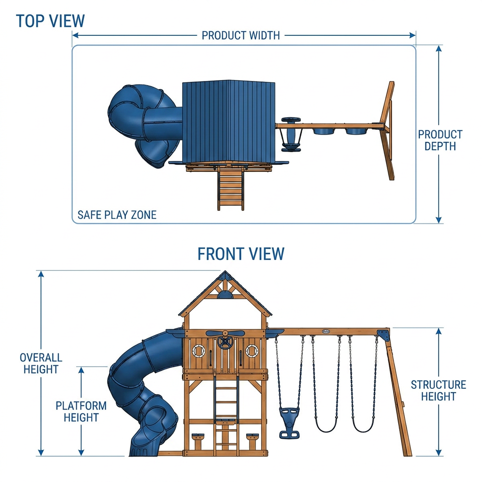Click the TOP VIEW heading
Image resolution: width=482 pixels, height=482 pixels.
click(50, 21)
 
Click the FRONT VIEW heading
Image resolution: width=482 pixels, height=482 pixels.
click(241, 254)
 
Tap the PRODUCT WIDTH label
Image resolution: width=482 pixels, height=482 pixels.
click(241, 36)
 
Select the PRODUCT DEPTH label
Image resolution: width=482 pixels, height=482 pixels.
click(440, 140)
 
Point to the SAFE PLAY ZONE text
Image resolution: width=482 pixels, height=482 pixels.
click(117, 215)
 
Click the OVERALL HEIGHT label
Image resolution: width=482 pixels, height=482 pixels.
click(41, 363)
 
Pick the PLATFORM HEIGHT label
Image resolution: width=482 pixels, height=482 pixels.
click(81, 411)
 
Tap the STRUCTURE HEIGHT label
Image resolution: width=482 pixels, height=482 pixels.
click(438, 390)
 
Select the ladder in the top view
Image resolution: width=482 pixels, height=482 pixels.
click(231, 188)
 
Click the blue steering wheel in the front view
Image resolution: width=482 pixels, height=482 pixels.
click(225, 343)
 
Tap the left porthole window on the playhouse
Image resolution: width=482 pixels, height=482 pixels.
click(199, 351)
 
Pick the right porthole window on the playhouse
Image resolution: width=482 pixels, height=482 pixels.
click(252, 351)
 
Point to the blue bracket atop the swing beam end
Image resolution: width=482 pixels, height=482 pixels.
click(383, 335)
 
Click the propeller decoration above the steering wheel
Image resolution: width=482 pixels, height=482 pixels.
click(225, 333)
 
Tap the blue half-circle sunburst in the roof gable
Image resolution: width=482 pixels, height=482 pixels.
click(225, 296)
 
